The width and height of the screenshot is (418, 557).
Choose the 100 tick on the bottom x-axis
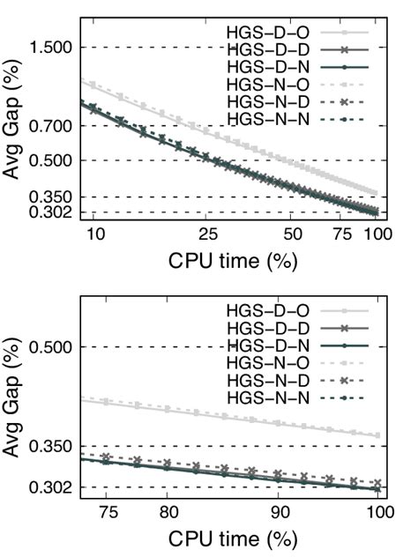(377, 511)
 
